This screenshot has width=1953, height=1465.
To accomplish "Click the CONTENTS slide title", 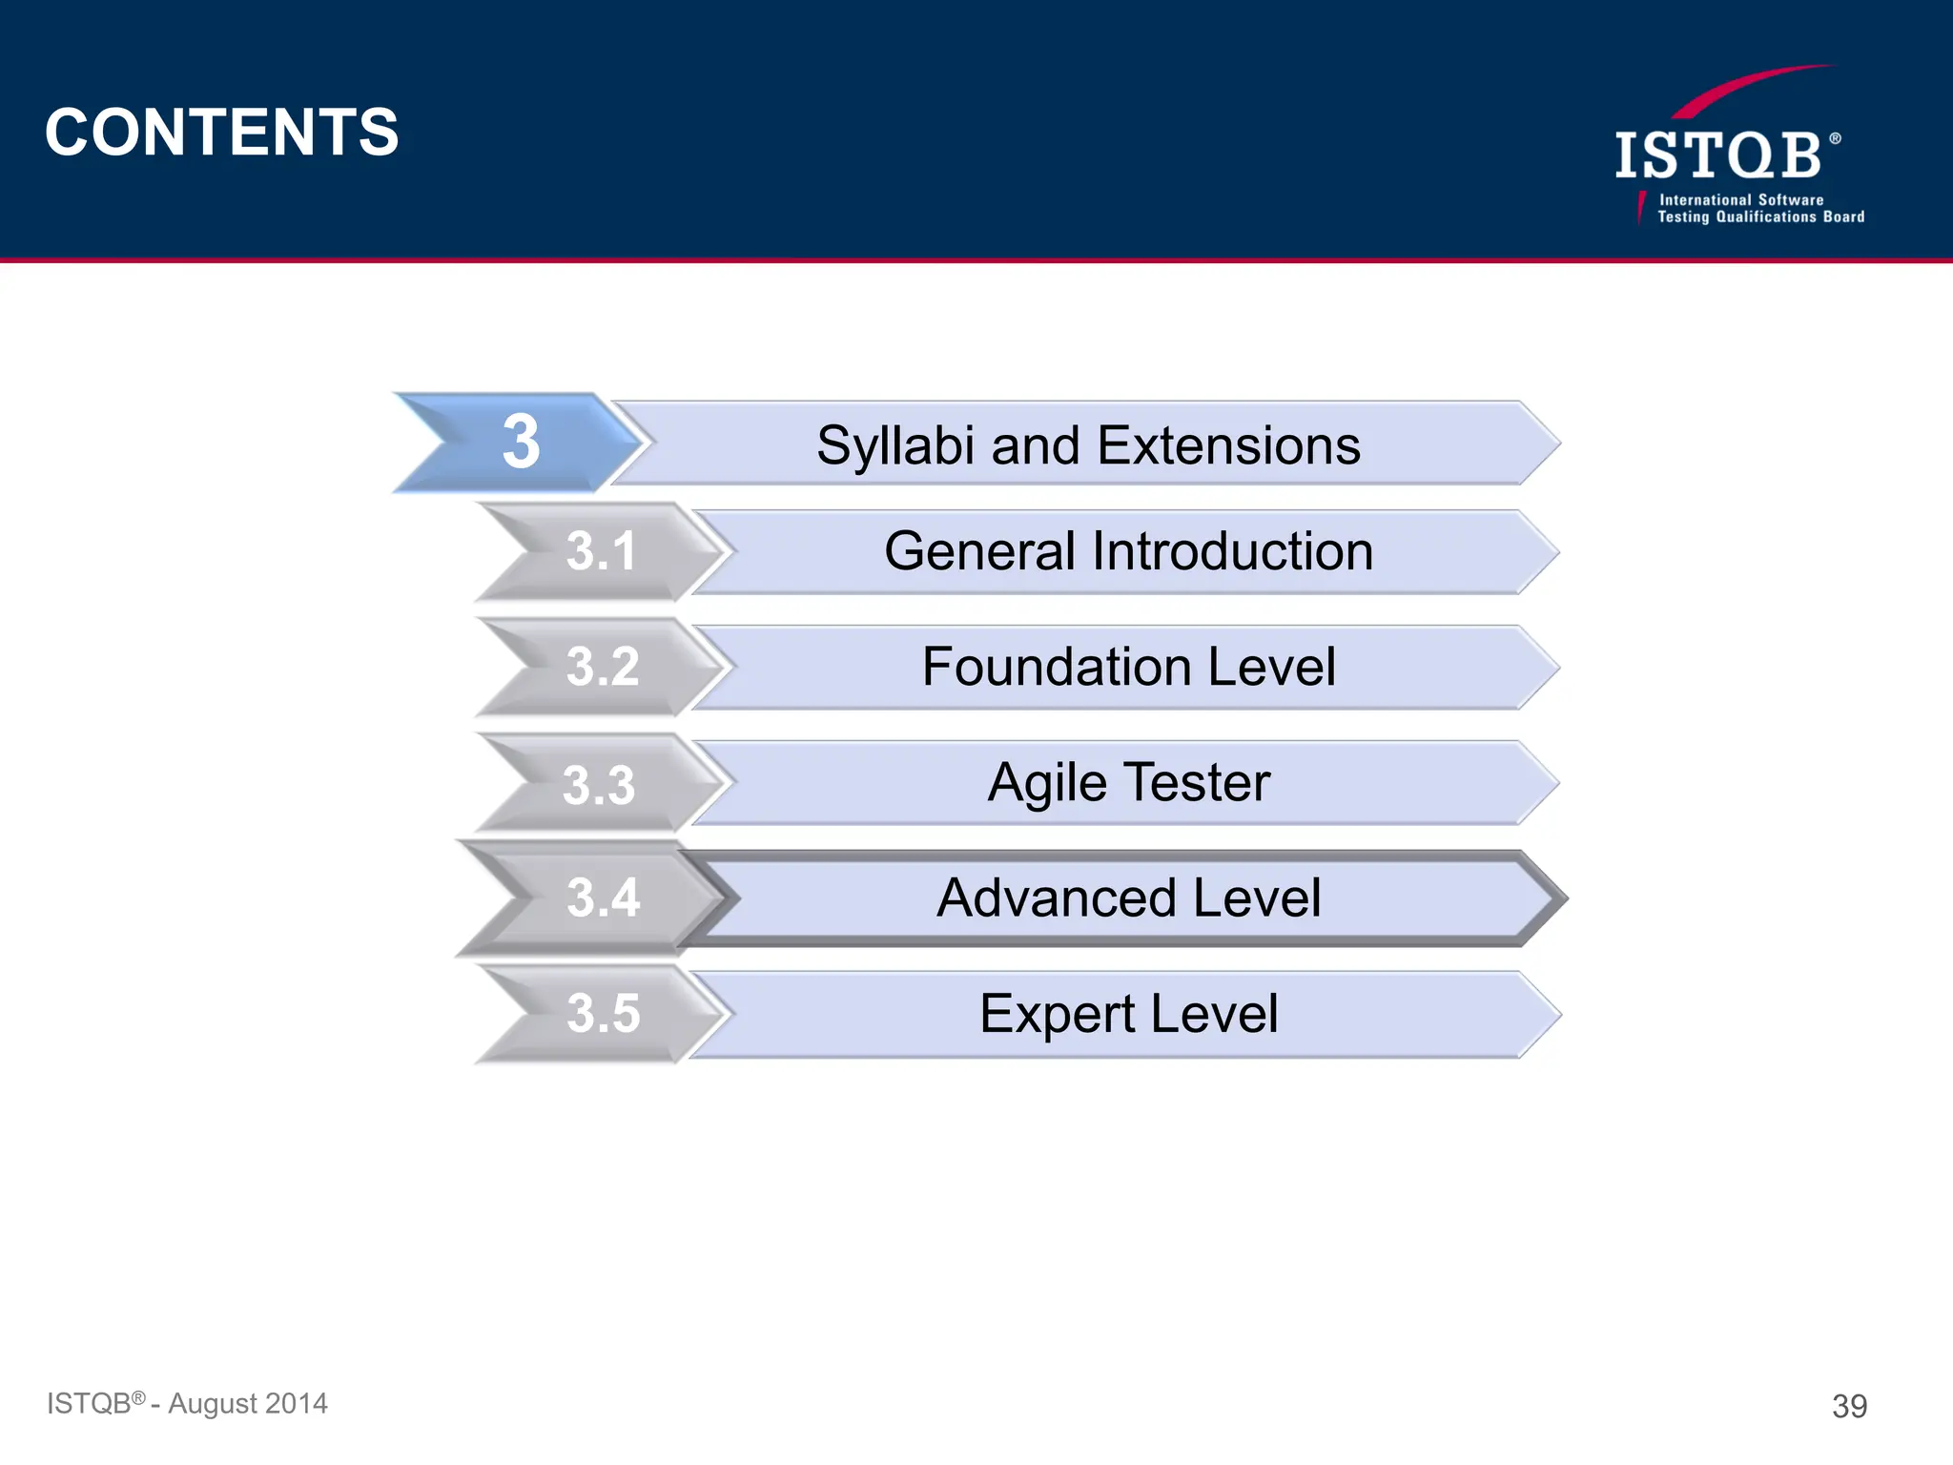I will [221, 132].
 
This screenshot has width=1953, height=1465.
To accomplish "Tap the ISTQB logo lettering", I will [1718, 156].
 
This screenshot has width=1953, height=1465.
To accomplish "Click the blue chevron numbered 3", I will [521, 443].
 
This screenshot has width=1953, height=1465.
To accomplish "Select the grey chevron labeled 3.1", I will [601, 551].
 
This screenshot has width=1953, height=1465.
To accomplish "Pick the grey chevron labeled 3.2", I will [602, 667].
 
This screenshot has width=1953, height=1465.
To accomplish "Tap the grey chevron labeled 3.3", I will [599, 785].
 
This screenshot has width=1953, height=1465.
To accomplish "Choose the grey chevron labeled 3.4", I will [602, 898].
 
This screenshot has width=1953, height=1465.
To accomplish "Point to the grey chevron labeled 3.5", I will [603, 1013].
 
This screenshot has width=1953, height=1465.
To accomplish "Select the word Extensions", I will [1229, 445].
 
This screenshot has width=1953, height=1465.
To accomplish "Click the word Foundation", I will [1057, 667].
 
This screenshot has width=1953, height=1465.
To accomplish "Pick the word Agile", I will [1046, 784].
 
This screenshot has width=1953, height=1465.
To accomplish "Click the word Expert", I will [1057, 1014].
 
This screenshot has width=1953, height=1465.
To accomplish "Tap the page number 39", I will [1849, 1406].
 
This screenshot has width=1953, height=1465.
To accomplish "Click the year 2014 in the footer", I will [296, 1404].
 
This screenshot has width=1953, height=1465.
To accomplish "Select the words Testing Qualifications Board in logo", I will [1760, 217].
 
